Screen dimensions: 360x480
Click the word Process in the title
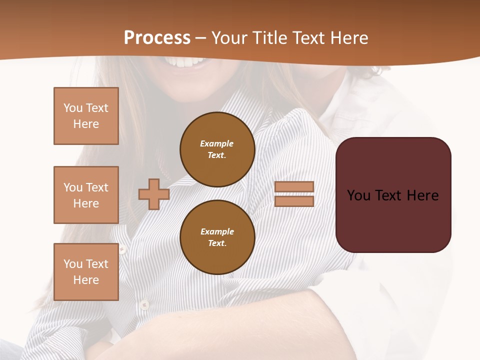pyautogui.click(x=157, y=38)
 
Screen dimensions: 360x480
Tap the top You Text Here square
pyautogui.click(x=86, y=116)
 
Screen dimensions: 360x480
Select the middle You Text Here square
pyautogui.click(x=86, y=195)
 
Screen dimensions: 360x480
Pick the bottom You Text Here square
pyautogui.click(x=86, y=272)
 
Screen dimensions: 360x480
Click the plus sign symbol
pyautogui.click(x=154, y=194)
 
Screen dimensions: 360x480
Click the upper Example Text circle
pyautogui.click(x=217, y=149)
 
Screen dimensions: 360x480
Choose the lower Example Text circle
pyautogui.click(x=217, y=237)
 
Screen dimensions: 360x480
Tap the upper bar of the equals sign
pyautogui.click(x=294, y=186)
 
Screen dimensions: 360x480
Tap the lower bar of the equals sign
pyautogui.click(x=294, y=201)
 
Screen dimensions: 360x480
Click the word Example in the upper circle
pyautogui.click(x=216, y=143)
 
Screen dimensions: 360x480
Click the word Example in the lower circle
pyautogui.click(x=217, y=231)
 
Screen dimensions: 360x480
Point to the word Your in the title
pyautogui.click(x=228, y=38)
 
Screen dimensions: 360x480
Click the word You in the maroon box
pyautogui.click(x=358, y=195)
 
